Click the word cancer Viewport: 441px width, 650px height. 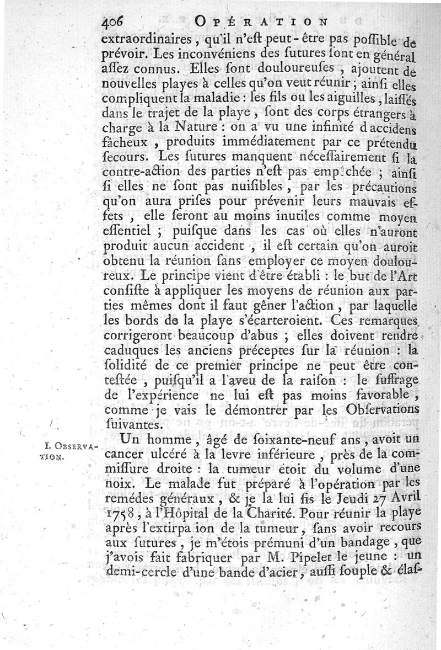(124, 455)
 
